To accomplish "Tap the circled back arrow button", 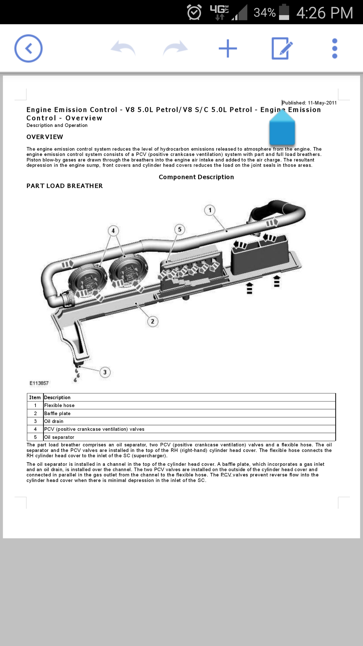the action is [28, 48].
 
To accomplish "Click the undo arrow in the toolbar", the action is [123, 48].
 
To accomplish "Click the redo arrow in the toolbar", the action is [175, 48].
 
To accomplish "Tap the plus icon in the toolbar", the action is [228, 48].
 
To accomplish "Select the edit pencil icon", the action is [282, 48].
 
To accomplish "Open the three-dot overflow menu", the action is [335, 48].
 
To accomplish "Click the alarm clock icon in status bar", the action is [194, 12].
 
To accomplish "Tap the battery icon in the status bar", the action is [284, 12].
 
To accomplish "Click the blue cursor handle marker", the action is [282, 127].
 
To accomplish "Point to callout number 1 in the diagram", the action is [210, 210].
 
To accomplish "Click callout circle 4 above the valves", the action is [113, 231].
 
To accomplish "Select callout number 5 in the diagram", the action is [180, 229].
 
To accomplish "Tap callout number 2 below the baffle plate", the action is [153, 321].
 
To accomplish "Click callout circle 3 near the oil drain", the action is [105, 372].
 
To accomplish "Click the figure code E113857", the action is [39, 383].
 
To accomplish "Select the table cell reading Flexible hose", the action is [59, 405].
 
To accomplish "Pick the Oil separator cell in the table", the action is [59, 437].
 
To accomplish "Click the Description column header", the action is [57, 397].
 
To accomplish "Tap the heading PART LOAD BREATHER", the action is [65, 186].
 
